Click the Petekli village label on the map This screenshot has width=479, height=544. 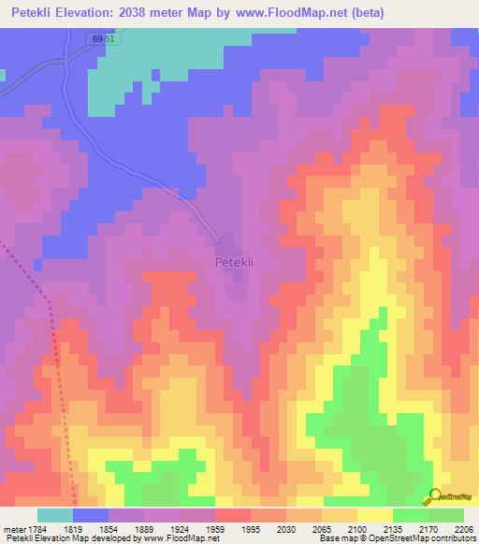click(234, 263)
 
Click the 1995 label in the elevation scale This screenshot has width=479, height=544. click(251, 529)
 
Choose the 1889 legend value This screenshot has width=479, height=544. click(144, 529)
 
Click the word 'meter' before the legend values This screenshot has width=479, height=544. click(16, 529)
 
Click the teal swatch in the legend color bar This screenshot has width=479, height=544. click(55, 515)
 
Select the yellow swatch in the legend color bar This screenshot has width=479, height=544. click(375, 515)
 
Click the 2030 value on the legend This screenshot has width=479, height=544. click(286, 529)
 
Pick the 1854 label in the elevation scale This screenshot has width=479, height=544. click(109, 529)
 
